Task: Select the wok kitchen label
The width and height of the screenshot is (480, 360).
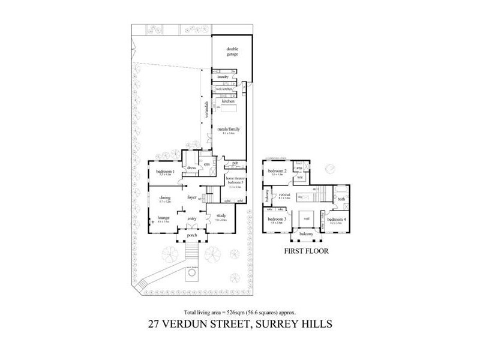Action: (223, 89)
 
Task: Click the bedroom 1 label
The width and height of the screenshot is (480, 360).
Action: (164, 172)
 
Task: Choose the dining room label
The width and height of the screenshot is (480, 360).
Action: (165, 197)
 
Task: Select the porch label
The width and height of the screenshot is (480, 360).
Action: (192, 235)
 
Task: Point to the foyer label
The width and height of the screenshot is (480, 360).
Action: (192, 197)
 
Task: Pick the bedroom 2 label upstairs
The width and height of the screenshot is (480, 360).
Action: (276, 172)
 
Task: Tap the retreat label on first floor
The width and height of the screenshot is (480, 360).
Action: (285, 195)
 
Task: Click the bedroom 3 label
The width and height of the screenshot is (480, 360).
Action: (276, 220)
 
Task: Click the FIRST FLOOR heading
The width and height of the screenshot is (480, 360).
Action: (306, 251)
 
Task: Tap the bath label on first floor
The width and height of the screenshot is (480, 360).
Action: (341, 199)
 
